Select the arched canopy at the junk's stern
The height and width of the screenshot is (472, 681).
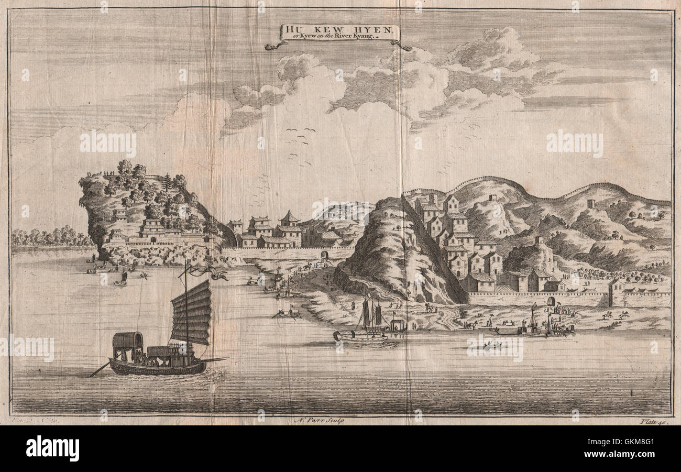(128, 341)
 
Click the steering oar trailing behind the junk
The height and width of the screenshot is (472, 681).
(99, 369)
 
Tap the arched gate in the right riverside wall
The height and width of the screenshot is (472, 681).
(550, 301)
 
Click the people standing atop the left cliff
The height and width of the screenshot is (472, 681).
(108, 173)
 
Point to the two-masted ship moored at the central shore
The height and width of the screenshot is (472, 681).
(367, 325)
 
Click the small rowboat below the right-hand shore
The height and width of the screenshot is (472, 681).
(492, 345)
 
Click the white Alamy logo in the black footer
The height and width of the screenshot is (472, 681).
(52, 448)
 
